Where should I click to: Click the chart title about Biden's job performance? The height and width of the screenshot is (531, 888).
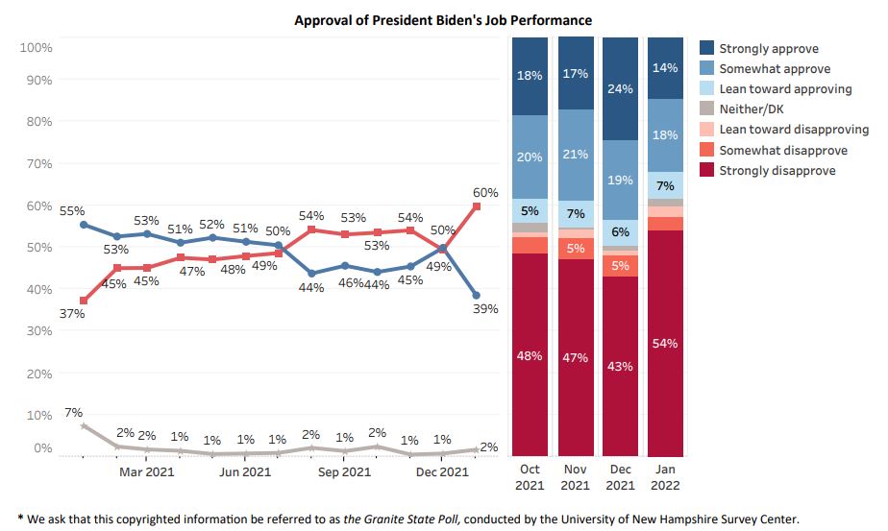442,19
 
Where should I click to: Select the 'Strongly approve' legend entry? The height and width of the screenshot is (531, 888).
768,49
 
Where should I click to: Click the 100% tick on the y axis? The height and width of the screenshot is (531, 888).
37,47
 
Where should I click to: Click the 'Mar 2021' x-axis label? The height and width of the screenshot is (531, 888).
146,471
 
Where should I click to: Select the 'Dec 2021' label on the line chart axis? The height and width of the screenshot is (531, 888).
442,471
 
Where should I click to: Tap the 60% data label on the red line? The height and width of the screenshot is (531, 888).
485,193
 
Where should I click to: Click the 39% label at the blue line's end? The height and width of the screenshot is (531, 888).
485,308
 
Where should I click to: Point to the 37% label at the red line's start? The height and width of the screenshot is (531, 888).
73,314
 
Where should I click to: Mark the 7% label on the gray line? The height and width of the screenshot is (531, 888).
73,413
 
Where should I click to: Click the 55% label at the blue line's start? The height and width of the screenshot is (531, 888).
73,210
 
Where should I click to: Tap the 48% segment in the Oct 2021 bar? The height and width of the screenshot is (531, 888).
530,355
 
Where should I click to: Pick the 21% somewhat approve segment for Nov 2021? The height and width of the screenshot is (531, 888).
576,155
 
